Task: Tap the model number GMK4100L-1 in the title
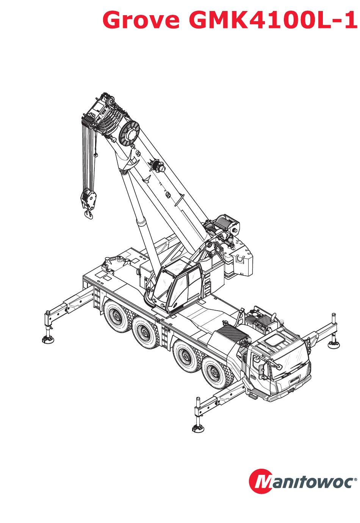tap(272, 20)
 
